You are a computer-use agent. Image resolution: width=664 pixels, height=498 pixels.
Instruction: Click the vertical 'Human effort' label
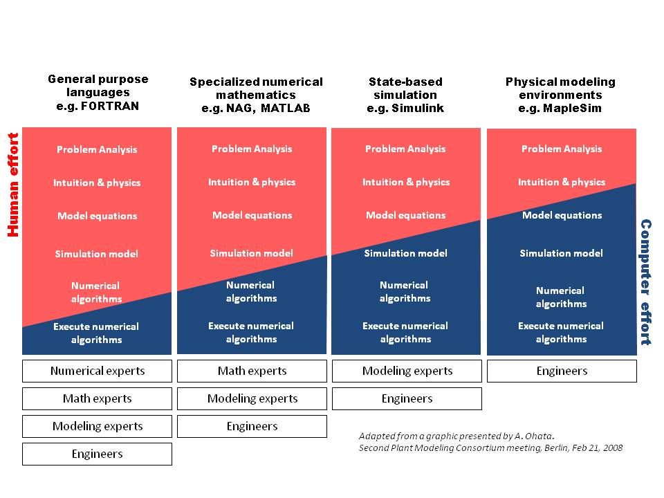[x=12, y=185]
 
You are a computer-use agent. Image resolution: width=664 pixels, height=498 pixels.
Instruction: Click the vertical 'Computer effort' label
[x=645, y=282]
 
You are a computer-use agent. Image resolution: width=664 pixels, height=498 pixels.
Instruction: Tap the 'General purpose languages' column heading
[x=98, y=93]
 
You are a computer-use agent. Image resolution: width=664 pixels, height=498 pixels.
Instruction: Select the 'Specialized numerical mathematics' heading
[x=256, y=95]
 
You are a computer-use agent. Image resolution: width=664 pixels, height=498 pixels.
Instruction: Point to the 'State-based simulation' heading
[x=405, y=95]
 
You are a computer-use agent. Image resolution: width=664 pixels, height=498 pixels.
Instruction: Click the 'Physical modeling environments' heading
[x=560, y=95]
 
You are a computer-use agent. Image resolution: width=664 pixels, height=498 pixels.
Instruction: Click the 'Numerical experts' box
[x=97, y=371]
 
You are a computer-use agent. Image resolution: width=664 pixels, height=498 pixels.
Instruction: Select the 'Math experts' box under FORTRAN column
[x=97, y=398]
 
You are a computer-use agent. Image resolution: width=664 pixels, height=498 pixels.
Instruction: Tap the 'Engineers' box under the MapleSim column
[x=562, y=371]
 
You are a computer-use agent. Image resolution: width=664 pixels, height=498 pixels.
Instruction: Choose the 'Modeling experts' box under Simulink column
[x=407, y=371]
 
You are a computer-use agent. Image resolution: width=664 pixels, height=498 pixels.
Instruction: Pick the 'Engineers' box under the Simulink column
[x=407, y=398]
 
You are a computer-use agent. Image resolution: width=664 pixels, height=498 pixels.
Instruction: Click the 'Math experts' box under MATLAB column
[x=252, y=371]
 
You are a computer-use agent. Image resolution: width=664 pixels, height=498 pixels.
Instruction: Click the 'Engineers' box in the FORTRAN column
[x=97, y=454]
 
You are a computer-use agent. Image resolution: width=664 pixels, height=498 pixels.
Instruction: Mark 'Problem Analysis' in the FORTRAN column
[x=97, y=149]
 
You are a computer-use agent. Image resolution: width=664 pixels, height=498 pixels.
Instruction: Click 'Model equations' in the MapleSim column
[x=562, y=215]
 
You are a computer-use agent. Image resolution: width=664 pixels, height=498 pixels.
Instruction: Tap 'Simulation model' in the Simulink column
[x=405, y=253]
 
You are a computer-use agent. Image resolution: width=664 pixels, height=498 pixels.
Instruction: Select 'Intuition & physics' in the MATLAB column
[x=252, y=182]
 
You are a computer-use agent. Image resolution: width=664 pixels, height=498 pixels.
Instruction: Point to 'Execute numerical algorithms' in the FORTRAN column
[x=96, y=333]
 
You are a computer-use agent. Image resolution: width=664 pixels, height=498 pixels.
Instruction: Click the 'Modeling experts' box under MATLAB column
[x=252, y=398]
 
